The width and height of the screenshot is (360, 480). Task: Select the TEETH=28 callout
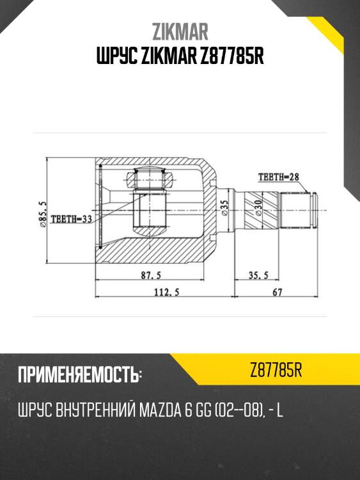click(x=278, y=177)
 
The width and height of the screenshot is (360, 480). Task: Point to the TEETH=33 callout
click(x=72, y=218)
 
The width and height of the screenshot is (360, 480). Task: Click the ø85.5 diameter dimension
click(x=42, y=214)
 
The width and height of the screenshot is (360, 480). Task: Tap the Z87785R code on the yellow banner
click(x=276, y=370)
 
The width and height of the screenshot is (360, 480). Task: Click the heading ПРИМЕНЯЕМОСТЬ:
click(x=80, y=375)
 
